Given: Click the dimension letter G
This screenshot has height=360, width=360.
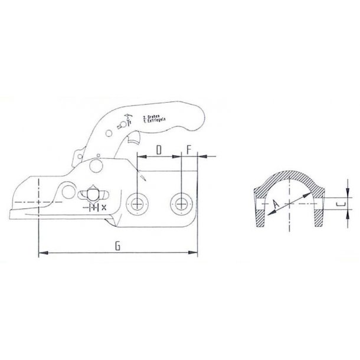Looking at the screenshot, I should click(x=118, y=247).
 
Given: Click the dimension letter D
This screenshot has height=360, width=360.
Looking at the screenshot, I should click(x=158, y=150).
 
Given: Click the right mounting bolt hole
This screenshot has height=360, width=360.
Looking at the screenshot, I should click(x=180, y=204).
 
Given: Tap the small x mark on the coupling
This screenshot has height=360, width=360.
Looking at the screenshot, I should click(x=104, y=208).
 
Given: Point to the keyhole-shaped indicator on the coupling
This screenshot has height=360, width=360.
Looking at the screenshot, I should click(x=93, y=194).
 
